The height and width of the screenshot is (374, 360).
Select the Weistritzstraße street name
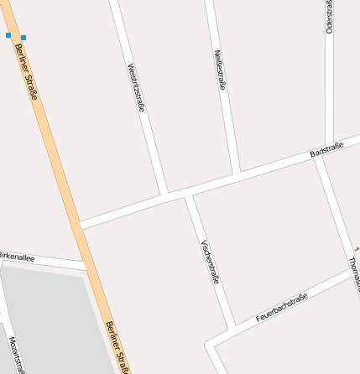(x=136, y=88)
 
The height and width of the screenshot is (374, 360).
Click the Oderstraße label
(x=330, y=17)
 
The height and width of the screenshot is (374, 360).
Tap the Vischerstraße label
(x=210, y=262)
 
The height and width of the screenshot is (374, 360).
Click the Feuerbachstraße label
(x=282, y=308)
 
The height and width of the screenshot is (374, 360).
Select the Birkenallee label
(x=17, y=257)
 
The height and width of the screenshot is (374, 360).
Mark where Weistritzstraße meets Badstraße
(x=165, y=195)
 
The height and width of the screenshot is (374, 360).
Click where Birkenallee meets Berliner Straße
(x=88, y=267)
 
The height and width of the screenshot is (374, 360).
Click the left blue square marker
(x=8, y=36)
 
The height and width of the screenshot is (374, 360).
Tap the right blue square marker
(x=23, y=37)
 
